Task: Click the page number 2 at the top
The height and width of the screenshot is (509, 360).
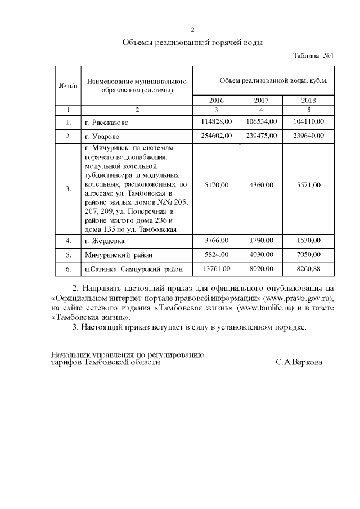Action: pyautogui.click(x=192, y=30)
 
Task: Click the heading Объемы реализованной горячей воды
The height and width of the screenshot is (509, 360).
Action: pyautogui.click(x=192, y=42)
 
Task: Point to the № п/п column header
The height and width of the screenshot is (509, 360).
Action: pyautogui.click(x=68, y=85)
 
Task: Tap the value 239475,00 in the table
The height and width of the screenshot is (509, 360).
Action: pyautogui.click(x=261, y=137)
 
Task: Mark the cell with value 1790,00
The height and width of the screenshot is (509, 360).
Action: pyautogui.click(x=261, y=241)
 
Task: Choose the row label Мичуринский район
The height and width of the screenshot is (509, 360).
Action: pyautogui.click(x=119, y=255)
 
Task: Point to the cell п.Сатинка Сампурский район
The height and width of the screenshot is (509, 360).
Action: pyautogui.click(x=134, y=269)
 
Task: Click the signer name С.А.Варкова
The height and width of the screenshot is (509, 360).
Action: pyautogui.click(x=299, y=363)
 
